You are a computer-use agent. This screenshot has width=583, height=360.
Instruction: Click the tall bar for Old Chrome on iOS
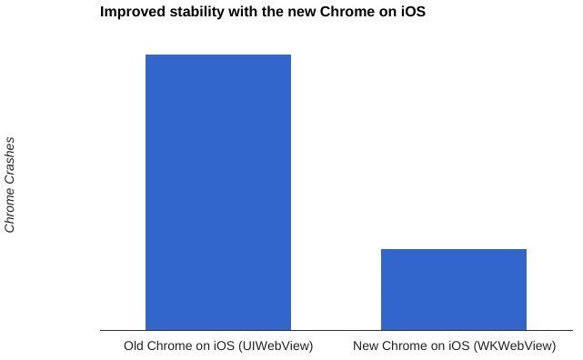tap(218, 192)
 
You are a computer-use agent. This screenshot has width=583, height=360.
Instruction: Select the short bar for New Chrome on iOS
tap(453, 289)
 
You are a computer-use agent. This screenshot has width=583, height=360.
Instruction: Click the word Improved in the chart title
tap(133, 14)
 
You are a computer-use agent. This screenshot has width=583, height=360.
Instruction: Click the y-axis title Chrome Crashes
tap(11, 185)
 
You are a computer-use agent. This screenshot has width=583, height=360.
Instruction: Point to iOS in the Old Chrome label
tap(221, 345)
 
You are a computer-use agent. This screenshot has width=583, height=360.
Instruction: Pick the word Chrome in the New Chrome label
tap(407, 345)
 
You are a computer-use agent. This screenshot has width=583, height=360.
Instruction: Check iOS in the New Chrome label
tap(457, 345)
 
